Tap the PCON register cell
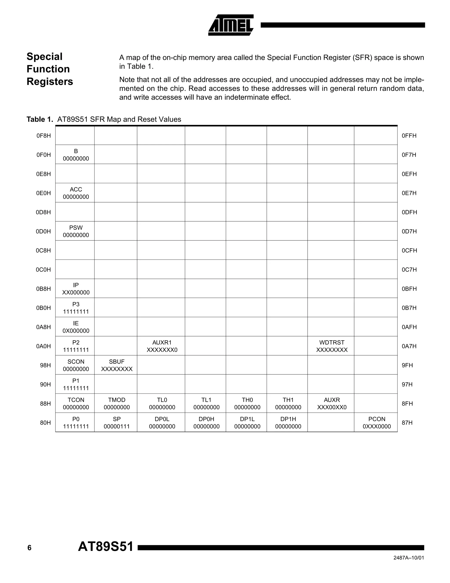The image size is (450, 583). tap(377, 422)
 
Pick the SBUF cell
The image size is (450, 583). tap(117, 365)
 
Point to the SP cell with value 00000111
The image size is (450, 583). tap(117, 422)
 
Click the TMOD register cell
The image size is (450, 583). tap(117, 403)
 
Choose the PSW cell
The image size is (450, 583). tap(76, 231)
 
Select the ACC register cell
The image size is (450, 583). tap(76, 193)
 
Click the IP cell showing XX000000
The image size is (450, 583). tap(76, 289)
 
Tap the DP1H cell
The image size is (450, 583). tap(288, 422)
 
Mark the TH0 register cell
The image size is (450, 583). tap(247, 403)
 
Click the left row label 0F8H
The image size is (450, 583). tap(44, 136)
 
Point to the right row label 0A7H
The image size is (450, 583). tap(409, 346)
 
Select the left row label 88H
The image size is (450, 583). tap(45, 404)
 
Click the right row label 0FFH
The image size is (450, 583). tap(409, 136)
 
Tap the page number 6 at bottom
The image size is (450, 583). tap(29, 548)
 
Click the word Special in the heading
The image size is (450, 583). tap(45, 57)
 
